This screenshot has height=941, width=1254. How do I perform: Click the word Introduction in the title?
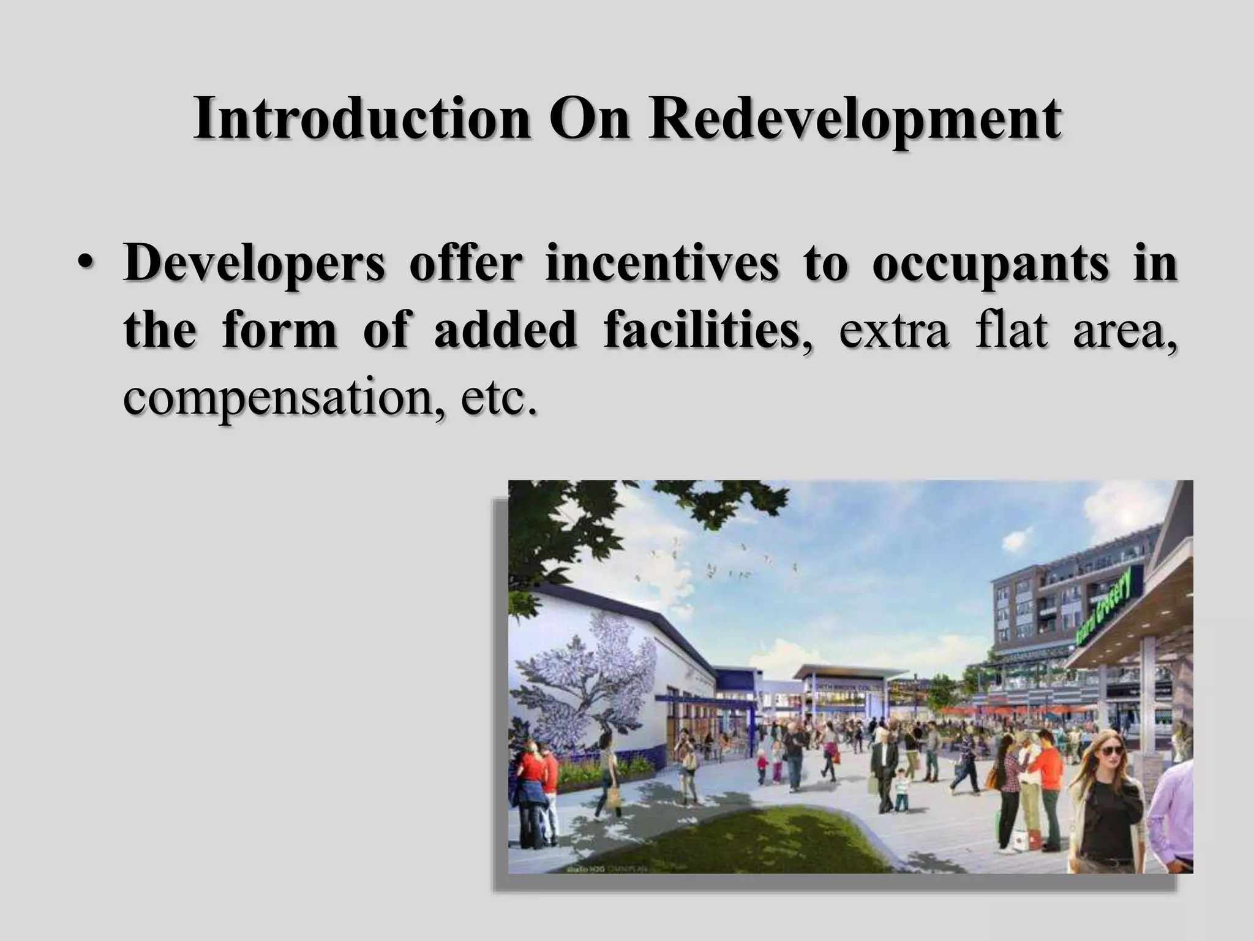point(361,119)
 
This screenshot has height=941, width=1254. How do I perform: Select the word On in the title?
point(588,119)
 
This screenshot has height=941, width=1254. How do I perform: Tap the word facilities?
point(702,331)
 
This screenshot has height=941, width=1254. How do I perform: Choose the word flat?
point(1011,331)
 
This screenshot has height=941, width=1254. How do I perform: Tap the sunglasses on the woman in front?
point(1112,750)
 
